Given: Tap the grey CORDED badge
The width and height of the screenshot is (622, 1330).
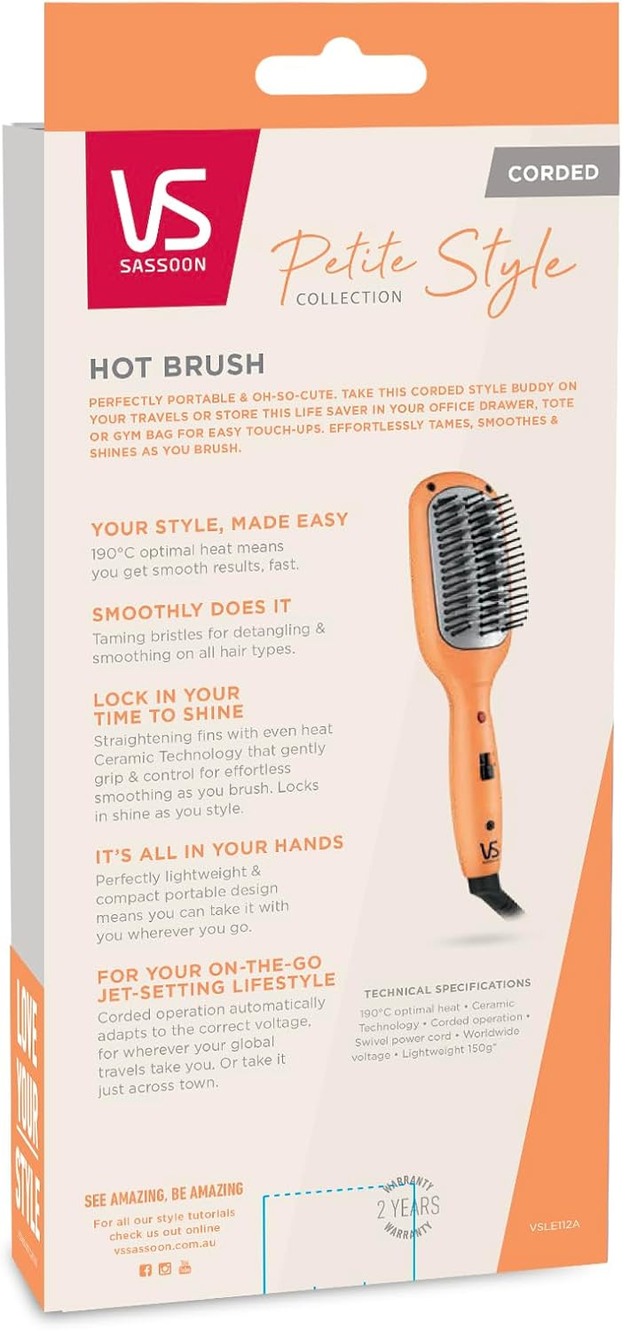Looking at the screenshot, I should coord(553,172).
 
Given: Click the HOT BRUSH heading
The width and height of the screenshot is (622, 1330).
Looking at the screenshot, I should coord(176,366).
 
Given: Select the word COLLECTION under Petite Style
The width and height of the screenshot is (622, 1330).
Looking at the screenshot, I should coord(349,298).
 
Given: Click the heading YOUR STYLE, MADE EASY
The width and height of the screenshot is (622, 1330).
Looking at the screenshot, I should coord(219,524).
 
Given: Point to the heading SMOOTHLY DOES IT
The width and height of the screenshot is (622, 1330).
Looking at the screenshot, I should coord(191,610).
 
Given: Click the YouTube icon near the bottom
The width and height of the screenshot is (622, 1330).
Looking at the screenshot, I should coord(185,1268).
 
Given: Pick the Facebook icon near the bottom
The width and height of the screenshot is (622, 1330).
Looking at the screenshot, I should coord(145,1271).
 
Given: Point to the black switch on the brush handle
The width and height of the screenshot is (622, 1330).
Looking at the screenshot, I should coord(485,766).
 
